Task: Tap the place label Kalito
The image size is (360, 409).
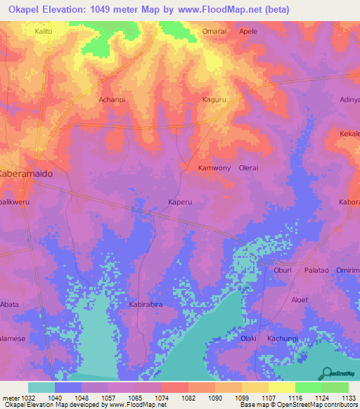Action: tap(46, 32)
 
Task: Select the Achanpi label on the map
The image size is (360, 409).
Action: tap(111, 100)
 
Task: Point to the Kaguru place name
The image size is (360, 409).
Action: tap(214, 100)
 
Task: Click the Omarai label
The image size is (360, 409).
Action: tap(215, 32)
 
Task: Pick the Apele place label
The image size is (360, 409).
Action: tap(247, 32)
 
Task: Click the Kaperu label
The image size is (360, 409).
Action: tap(180, 202)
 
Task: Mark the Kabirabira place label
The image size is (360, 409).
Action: tap(146, 305)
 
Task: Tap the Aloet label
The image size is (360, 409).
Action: tap(300, 299)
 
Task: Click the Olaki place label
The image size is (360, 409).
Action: tap(248, 339)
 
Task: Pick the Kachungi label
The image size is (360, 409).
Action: tap(283, 339)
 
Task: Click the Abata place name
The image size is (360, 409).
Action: tap(10, 305)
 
